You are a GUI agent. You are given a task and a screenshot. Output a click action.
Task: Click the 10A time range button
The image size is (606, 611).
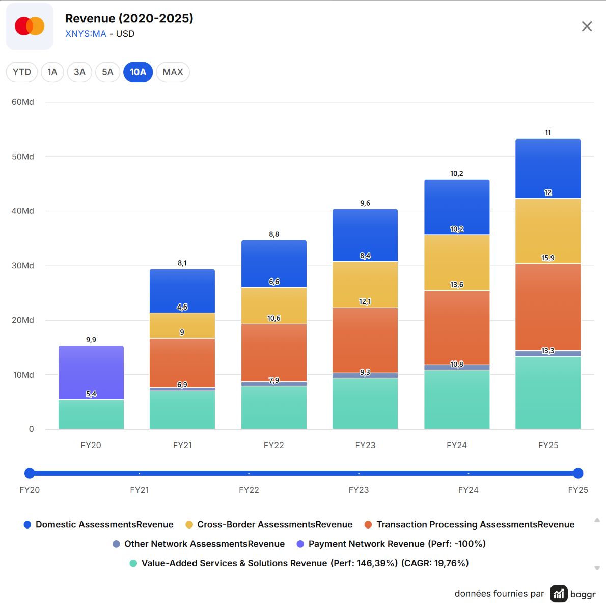click(x=138, y=72)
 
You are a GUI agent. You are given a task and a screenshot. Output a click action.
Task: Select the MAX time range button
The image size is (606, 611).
click(x=173, y=72)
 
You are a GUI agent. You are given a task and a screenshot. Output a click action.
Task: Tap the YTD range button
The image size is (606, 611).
click(x=22, y=72)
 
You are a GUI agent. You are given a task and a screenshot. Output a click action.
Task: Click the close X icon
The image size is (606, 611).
click(x=587, y=26)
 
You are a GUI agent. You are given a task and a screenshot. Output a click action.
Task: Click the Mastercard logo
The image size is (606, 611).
click(x=30, y=26)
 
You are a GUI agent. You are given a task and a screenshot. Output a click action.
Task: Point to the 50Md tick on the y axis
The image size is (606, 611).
click(x=23, y=157)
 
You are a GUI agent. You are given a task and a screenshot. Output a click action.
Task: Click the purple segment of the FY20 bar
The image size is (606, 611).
click(x=91, y=373)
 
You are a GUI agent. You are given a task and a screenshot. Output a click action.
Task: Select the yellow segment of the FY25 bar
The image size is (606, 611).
click(x=548, y=231)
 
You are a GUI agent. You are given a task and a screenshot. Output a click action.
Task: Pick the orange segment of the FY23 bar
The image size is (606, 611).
click(x=365, y=340)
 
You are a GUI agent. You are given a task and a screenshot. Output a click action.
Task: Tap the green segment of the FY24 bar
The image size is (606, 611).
click(x=457, y=400)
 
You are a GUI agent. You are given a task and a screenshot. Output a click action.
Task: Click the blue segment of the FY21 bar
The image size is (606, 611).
click(x=182, y=291)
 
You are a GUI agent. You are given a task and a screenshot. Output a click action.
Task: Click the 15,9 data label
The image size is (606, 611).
click(x=548, y=258)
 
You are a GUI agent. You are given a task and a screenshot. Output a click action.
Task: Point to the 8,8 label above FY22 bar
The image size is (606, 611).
click(x=274, y=234)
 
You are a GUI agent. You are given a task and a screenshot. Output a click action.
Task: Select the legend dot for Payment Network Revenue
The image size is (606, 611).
click(x=300, y=544)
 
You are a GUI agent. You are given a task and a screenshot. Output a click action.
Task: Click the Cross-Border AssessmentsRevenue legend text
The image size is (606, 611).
click(x=275, y=525)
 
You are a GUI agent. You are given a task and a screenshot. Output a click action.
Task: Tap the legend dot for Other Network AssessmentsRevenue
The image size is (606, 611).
click(x=117, y=544)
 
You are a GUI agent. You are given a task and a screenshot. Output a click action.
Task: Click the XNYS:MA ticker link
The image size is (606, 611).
click(x=86, y=34)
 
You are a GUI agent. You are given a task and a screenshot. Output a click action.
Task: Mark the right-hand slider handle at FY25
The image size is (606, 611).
click(x=578, y=473)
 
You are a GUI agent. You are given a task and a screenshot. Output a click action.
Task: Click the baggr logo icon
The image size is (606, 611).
click(x=559, y=593)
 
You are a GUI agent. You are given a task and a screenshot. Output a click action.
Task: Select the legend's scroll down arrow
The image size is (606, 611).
click(x=597, y=568)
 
